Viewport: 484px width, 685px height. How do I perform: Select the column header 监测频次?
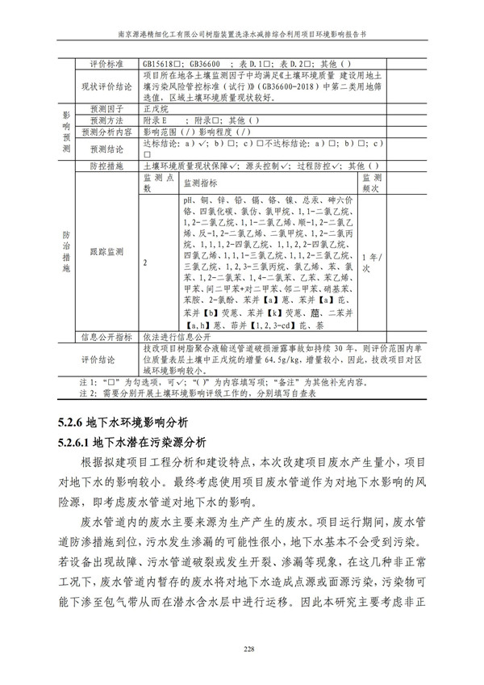coord(372,183)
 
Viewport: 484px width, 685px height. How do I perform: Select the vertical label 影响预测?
coord(66,129)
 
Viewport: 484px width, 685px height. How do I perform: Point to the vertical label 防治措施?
coord(66,250)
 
